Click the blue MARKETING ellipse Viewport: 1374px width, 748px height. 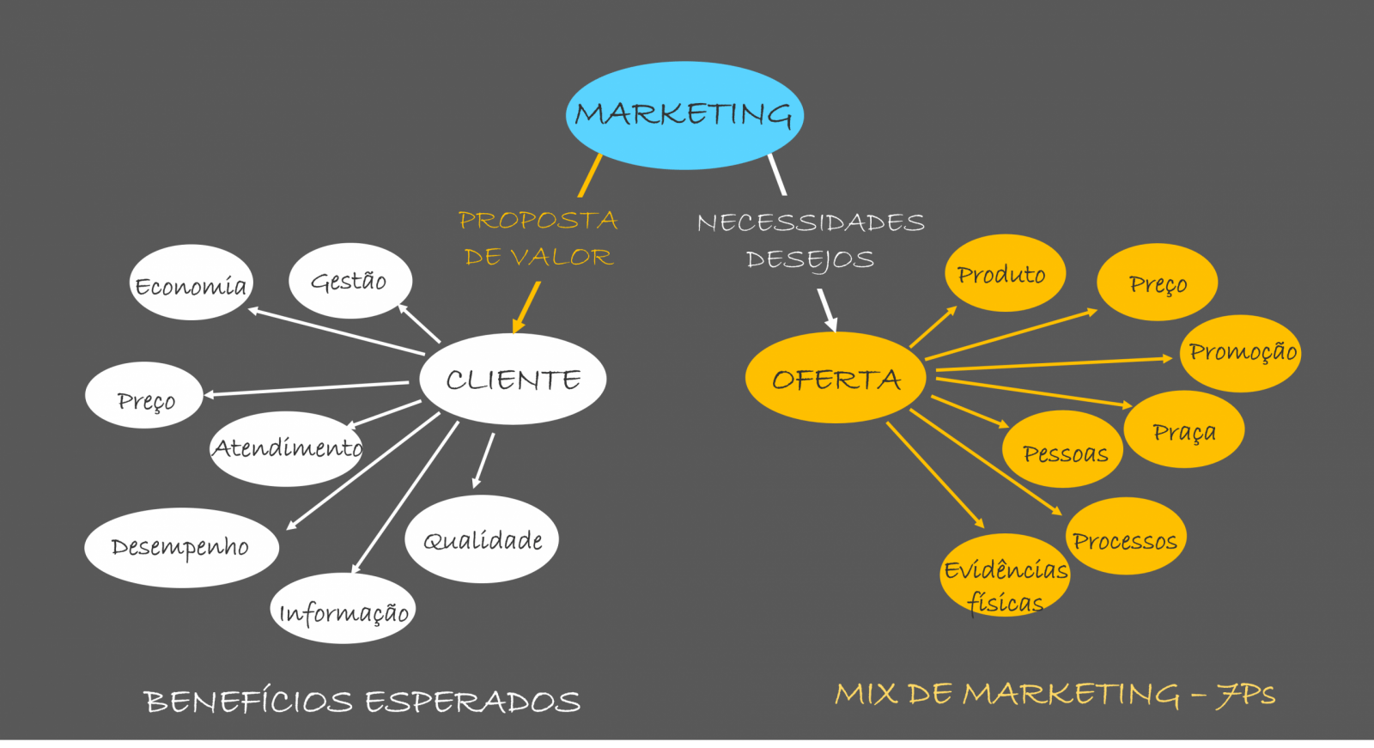click(684, 115)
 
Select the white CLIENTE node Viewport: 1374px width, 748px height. click(513, 379)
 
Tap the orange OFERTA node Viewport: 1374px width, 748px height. click(836, 377)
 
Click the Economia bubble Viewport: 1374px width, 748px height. click(192, 283)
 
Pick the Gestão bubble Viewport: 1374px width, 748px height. click(350, 281)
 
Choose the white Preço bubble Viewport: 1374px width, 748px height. click(144, 395)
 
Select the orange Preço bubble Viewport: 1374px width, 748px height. click(1157, 282)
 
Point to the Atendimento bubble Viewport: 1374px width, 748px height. click(287, 448)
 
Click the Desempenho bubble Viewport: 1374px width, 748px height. click(181, 547)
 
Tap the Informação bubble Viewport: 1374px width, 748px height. click(343, 608)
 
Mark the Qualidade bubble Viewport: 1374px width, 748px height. click(482, 538)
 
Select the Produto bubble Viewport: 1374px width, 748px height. click(1005, 273)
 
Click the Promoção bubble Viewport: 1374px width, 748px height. click(1240, 354)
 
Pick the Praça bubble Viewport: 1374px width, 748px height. click(1184, 429)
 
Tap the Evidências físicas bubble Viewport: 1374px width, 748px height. click(1005, 575)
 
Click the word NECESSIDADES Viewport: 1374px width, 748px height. click(811, 222)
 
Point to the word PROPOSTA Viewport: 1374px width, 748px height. click(538, 221)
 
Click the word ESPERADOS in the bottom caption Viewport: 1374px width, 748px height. click(473, 702)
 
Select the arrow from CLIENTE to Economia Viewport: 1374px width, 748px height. click(336, 331)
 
